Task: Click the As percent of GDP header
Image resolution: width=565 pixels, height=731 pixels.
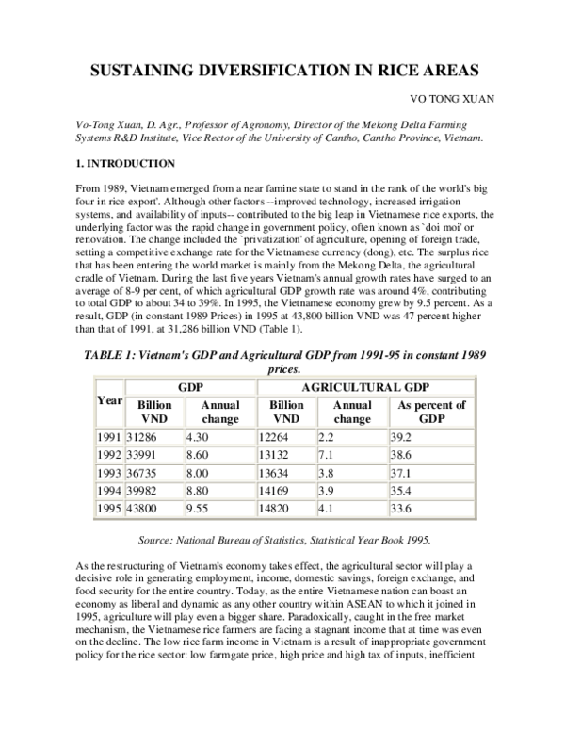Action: pos(430,412)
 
